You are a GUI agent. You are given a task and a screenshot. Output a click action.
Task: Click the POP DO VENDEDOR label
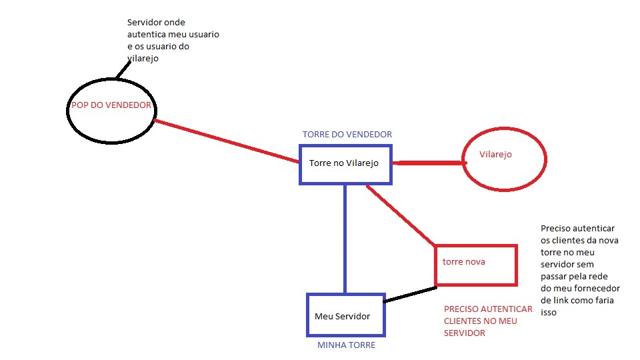pos(111,106)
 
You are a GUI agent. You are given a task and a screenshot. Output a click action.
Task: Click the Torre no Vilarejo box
pos(345,164)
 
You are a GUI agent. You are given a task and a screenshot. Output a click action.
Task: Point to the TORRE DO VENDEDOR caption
pos(347,134)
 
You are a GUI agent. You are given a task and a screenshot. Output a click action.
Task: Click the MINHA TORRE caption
pos(346,345)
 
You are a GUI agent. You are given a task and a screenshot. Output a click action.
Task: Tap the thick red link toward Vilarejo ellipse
pos(427,162)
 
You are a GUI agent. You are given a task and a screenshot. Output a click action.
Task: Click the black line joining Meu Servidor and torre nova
pos(410,295)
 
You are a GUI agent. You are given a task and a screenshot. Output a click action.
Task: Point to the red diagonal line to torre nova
pos(401,215)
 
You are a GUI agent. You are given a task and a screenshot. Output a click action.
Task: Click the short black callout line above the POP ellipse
pos(125,67)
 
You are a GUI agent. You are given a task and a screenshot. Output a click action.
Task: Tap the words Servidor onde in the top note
pos(156,22)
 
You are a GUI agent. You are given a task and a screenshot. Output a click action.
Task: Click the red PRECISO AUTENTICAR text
pos(488,309)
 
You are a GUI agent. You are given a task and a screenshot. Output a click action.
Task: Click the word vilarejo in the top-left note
pos(142,58)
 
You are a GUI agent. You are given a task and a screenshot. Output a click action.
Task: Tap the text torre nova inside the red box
pos(463,261)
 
